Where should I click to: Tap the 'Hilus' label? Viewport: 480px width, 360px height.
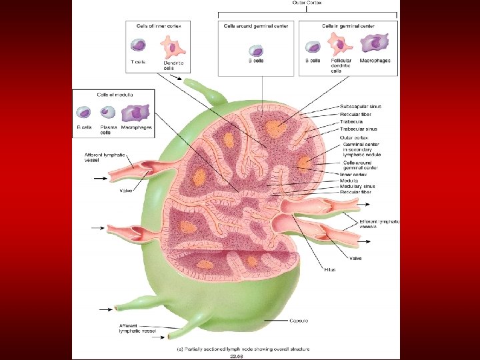pos(330,269)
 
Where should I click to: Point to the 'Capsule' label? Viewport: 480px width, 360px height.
pos(298,321)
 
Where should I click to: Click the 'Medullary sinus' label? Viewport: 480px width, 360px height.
pos(358,186)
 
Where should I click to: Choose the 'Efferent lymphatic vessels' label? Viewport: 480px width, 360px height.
pos(379,224)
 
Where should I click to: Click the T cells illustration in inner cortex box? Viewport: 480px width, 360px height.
pos(138,45)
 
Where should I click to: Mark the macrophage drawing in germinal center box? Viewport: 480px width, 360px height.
pos(375,44)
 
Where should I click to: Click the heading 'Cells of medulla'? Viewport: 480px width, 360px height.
pos(114,94)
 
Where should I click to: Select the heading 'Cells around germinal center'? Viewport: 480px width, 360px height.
pos(257,25)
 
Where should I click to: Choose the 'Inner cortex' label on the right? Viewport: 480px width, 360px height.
pos(353,175)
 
